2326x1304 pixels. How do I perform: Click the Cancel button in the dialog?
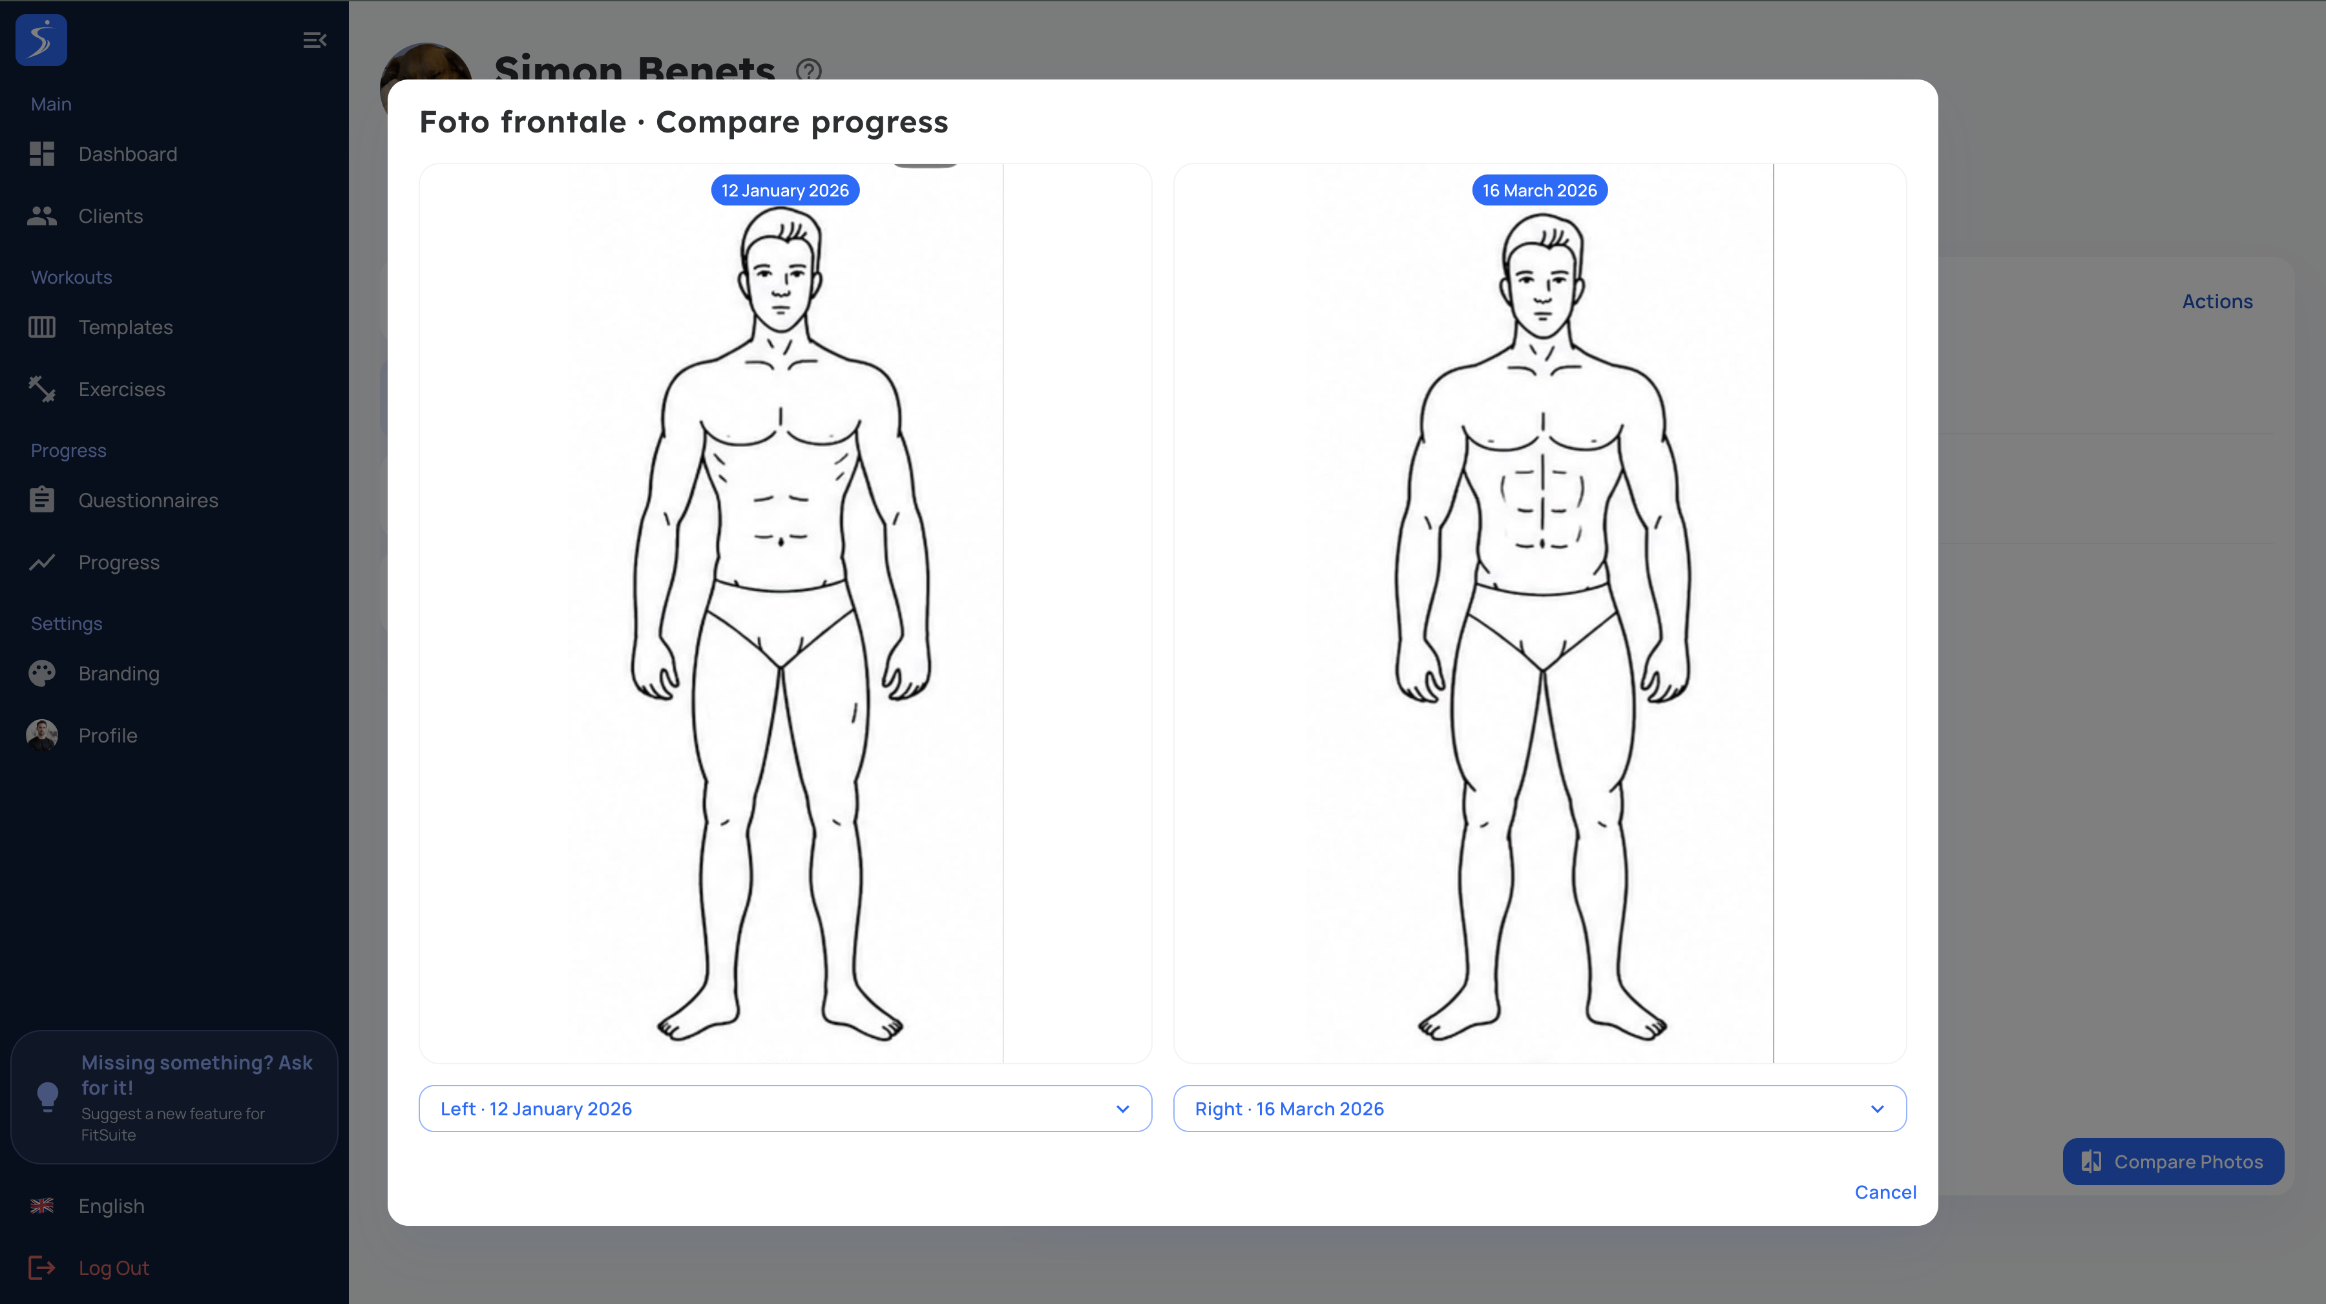(1885, 1192)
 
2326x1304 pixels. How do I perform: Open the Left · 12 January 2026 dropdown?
(784, 1108)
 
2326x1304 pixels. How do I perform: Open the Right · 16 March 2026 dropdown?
(1540, 1108)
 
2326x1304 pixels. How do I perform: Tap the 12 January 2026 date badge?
(784, 191)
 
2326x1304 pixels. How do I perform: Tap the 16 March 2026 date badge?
(1540, 191)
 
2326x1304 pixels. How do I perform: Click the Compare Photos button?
(2174, 1161)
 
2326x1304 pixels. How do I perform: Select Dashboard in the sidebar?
(127, 154)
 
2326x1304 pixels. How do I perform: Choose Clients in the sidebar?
(110, 216)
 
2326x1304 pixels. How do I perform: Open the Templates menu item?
(125, 327)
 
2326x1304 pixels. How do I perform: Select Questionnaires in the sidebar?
(148, 500)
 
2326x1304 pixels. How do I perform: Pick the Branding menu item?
(118, 674)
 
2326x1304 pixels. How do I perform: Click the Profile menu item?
(107, 735)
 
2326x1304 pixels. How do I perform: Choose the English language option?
(111, 1206)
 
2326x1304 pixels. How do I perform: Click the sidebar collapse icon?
(314, 39)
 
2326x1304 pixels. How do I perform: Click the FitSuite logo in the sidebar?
(41, 39)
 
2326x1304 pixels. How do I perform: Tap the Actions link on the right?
(2217, 302)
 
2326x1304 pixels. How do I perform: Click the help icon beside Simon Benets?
(809, 70)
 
